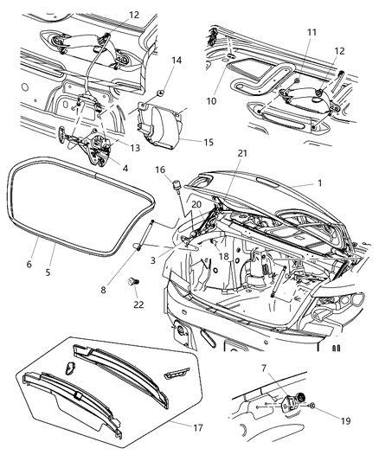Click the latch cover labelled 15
click(161, 121)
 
